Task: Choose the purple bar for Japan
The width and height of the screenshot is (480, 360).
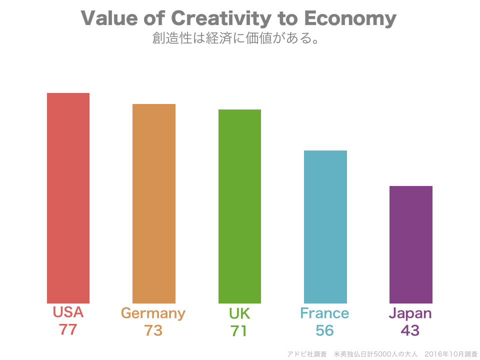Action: (x=411, y=244)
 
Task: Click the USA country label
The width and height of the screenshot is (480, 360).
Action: (x=68, y=312)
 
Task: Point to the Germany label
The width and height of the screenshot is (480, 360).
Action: (x=153, y=313)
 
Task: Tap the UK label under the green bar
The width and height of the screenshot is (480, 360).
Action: (x=239, y=313)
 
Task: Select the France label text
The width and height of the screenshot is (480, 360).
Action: (x=324, y=313)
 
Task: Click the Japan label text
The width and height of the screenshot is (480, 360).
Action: (x=410, y=314)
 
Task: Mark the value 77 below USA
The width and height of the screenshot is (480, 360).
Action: (x=68, y=330)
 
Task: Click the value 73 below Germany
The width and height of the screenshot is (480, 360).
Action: (x=153, y=330)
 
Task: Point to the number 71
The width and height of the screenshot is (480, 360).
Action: (x=239, y=330)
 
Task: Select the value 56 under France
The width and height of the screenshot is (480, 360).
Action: (x=324, y=330)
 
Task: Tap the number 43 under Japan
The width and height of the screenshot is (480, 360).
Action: (x=410, y=330)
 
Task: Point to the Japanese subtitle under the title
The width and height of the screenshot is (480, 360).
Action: (x=236, y=38)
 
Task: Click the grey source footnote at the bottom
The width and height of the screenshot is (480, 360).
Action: (x=382, y=354)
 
